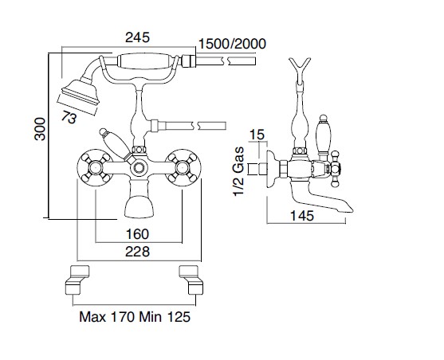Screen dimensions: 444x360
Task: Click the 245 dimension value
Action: coord(137,37)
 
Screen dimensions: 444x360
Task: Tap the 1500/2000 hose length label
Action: coord(232,44)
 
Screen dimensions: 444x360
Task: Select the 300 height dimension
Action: coord(40,129)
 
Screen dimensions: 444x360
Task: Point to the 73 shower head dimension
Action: coord(69,117)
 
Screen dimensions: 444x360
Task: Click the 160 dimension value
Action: coord(137,234)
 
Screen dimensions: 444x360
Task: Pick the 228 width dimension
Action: coord(137,252)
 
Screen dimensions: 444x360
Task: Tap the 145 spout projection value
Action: coord(302,216)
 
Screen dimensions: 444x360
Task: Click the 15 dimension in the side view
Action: coord(256,134)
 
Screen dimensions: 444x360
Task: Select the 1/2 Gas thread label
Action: coord(238,171)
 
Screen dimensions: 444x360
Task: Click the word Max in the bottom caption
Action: coord(92,317)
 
